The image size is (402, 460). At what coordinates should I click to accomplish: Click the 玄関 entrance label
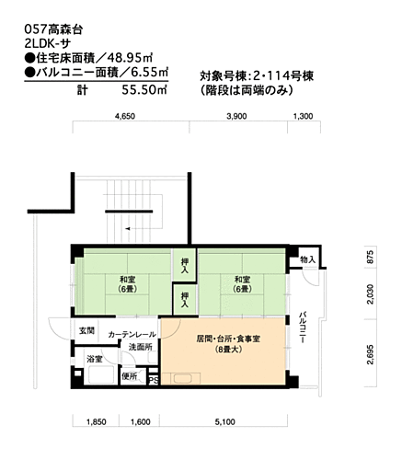pyautogui.click(x=86, y=330)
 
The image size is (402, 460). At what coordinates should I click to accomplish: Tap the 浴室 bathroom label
pyautogui.click(x=94, y=358)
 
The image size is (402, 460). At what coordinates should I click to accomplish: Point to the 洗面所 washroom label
pyautogui.click(x=141, y=347)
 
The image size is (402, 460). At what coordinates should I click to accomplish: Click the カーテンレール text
pyautogui.click(x=132, y=333)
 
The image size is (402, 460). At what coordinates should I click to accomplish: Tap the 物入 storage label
pyautogui.click(x=307, y=260)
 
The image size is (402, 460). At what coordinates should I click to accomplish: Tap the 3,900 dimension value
pyautogui.click(x=236, y=117)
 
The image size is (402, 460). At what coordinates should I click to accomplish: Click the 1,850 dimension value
pyautogui.click(x=96, y=421)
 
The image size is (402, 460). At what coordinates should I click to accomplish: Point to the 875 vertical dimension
pyautogui.click(x=370, y=258)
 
